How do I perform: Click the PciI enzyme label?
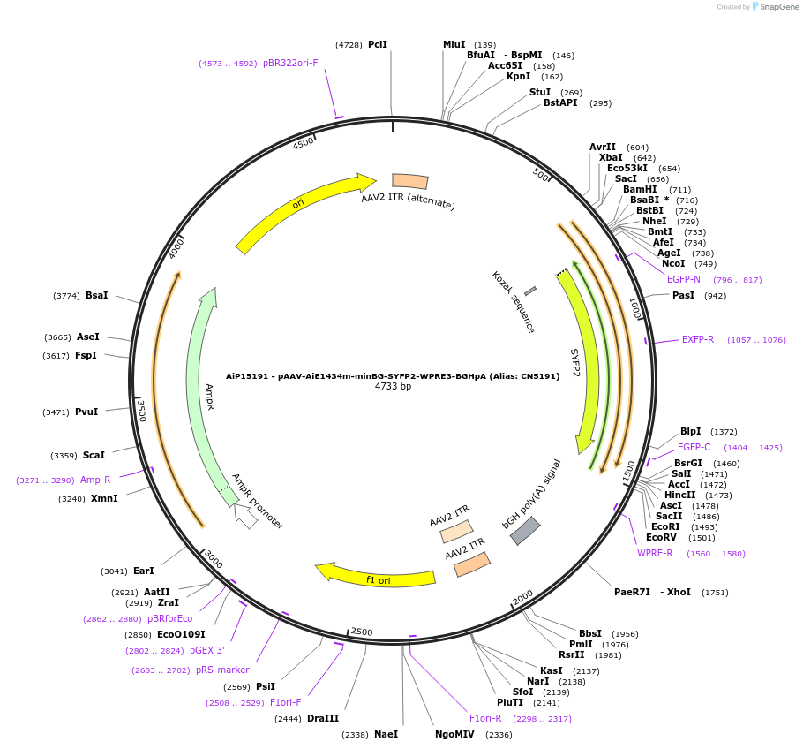[x=378, y=44]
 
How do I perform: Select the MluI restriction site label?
[x=454, y=44]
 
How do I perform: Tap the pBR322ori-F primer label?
[x=290, y=64]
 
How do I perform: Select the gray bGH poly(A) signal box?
[x=525, y=530]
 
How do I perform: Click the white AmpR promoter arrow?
[x=246, y=517]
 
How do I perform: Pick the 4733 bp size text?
[x=393, y=386]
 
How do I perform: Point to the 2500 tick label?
[x=362, y=632]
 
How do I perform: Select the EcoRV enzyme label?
[x=661, y=537]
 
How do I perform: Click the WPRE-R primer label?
[x=655, y=554]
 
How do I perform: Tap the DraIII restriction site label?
[x=323, y=718]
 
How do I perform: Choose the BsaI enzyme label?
[x=97, y=295]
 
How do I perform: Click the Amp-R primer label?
[x=95, y=480]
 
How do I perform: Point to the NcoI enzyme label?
[x=673, y=263]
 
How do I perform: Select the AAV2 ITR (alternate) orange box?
[x=409, y=181]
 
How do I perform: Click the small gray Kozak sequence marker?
[x=529, y=291]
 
